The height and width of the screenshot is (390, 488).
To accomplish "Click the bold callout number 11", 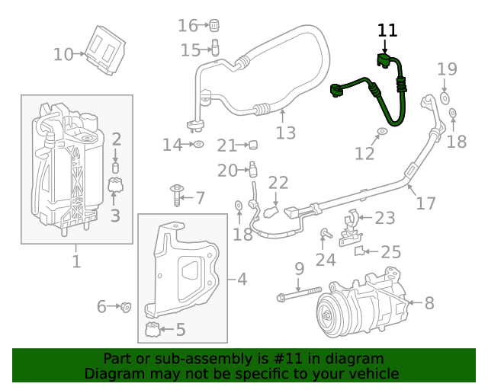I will pyautogui.click(x=388, y=30).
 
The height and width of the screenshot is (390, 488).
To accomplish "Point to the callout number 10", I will pyautogui.click(x=63, y=55).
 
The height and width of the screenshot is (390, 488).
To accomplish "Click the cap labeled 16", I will pyautogui.click(x=214, y=24).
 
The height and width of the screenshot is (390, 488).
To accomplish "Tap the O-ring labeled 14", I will pyautogui.click(x=197, y=143).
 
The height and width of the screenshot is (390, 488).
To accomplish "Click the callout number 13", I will pyautogui.click(x=285, y=133).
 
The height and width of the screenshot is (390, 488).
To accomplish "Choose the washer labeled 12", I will pyautogui.click(x=382, y=133).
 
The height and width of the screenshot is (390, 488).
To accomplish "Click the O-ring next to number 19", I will pyautogui.click(x=445, y=98).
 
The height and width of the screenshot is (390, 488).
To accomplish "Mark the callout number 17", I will pyautogui.click(x=425, y=203).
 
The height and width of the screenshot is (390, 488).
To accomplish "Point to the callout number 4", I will pyautogui.click(x=242, y=280).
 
